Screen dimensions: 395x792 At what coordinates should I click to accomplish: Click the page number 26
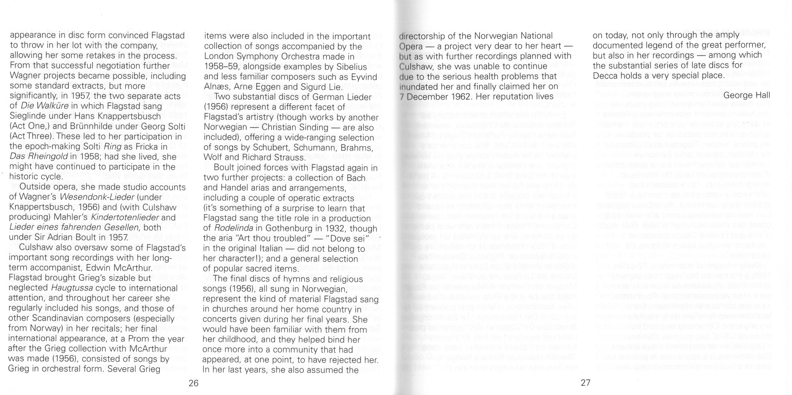(193, 383)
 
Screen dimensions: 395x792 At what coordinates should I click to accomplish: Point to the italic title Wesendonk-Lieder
(96, 197)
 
